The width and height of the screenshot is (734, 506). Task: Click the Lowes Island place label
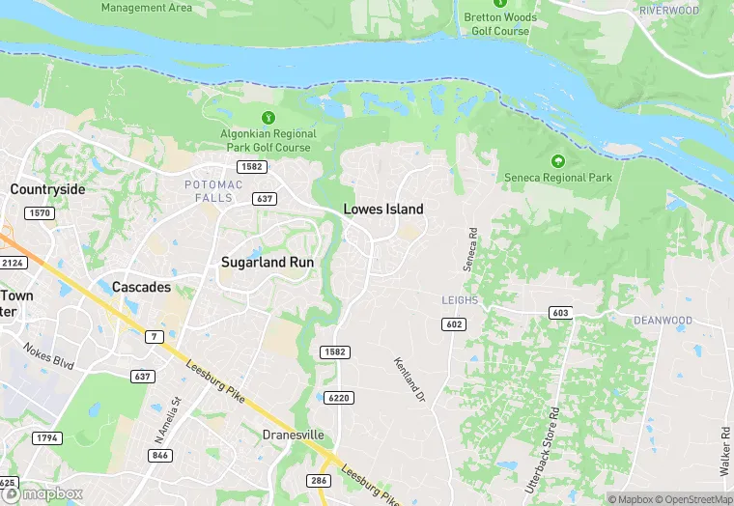[x=383, y=209]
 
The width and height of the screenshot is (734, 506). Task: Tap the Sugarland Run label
[x=268, y=262]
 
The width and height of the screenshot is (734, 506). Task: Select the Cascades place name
[x=141, y=287]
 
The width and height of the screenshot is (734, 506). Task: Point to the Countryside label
[x=47, y=189]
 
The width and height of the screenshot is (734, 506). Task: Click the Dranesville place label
[x=293, y=436]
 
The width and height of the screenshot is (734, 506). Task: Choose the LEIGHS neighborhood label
[x=460, y=300]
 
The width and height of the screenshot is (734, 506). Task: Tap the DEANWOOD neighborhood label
[x=663, y=320]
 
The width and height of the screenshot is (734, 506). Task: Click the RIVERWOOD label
[x=668, y=11]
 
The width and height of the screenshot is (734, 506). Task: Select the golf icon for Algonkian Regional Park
[x=255, y=118]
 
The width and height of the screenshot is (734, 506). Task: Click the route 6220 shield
[x=339, y=398]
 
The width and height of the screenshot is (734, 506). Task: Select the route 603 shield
[x=561, y=313]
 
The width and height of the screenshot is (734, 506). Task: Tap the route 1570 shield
[x=41, y=212]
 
